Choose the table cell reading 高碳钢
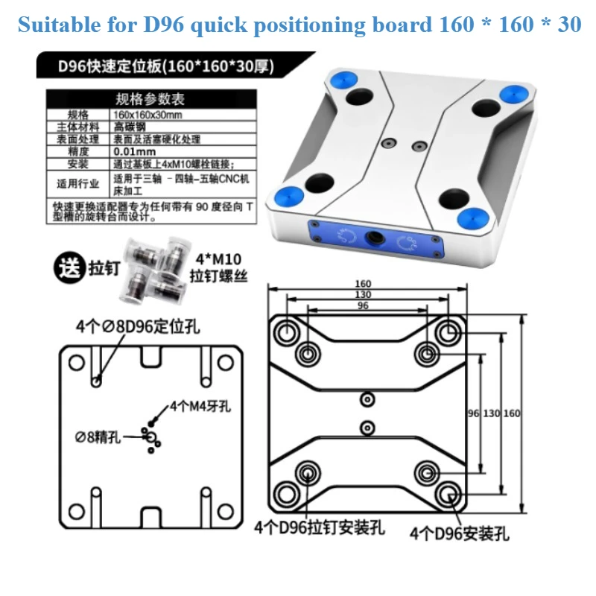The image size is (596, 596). (124, 127)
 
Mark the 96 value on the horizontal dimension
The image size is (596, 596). (363, 305)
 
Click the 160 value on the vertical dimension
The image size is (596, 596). (512, 413)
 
